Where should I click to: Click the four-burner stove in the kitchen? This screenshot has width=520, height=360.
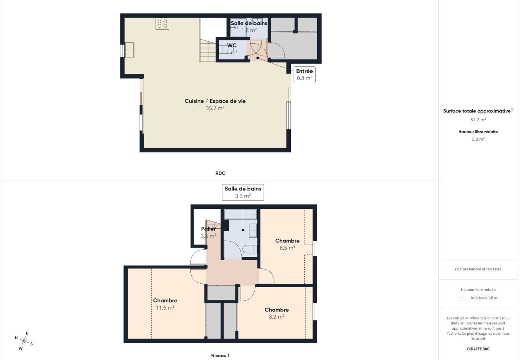coord(162,24)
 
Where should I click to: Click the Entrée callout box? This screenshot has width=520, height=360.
coord(304,74)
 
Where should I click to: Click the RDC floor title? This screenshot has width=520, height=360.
coord(220,173)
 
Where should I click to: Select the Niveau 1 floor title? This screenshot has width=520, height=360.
coord(220,355)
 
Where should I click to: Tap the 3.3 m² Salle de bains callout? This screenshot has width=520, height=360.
coord(243,192)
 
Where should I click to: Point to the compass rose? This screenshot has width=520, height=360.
coord(24,341)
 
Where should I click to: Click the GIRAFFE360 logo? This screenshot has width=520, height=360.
coord(478,349)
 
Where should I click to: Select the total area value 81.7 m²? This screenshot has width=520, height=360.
coord(478,120)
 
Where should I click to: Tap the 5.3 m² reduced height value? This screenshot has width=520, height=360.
coord(478,139)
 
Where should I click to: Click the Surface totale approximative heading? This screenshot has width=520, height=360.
coord(477,111)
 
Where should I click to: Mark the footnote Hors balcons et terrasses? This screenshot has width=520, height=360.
coord(478,269)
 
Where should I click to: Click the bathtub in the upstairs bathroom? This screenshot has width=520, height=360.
coord(240,214)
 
